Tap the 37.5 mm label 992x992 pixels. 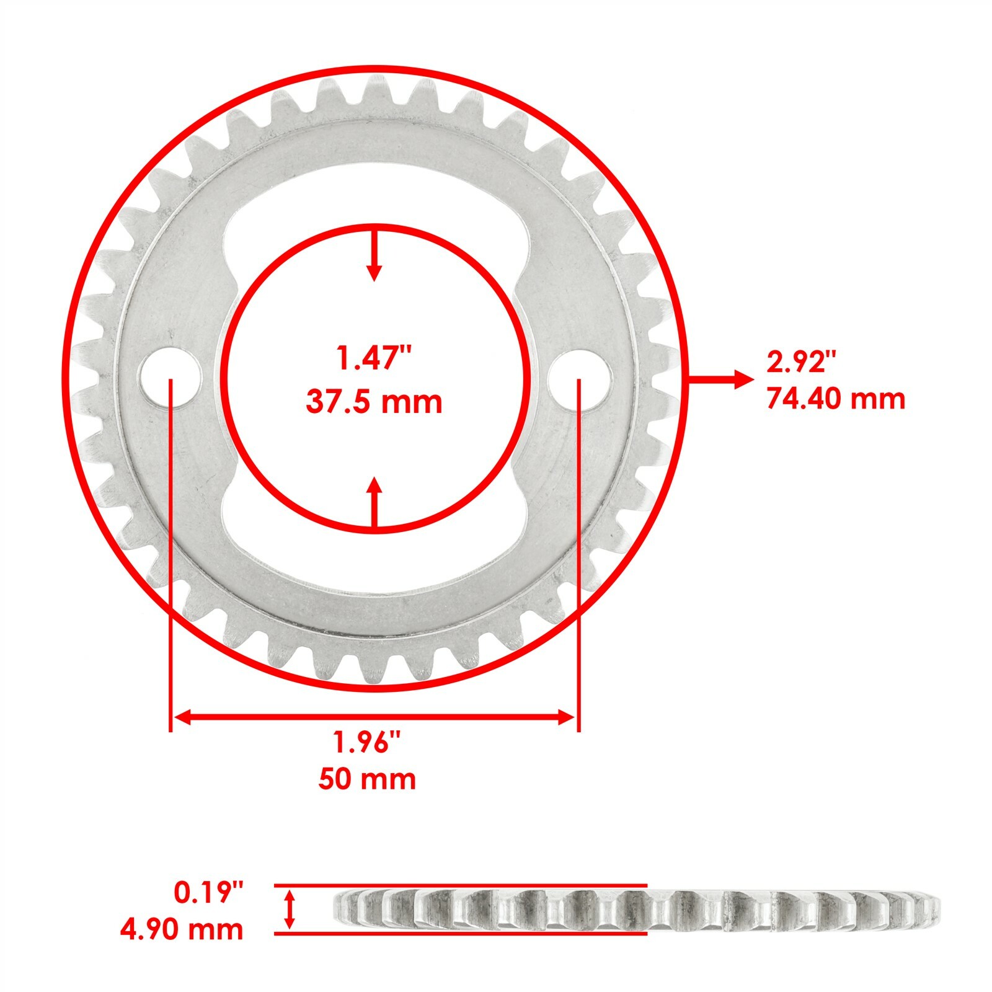[374, 402]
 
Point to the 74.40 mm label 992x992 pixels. [836, 398]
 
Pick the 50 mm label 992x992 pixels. [368, 779]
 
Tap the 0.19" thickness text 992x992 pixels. [210, 893]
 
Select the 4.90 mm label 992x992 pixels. [182, 929]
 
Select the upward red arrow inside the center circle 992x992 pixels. [373, 502]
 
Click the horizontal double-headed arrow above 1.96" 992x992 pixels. [374, 717]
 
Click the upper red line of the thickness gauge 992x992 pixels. [460, 886]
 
